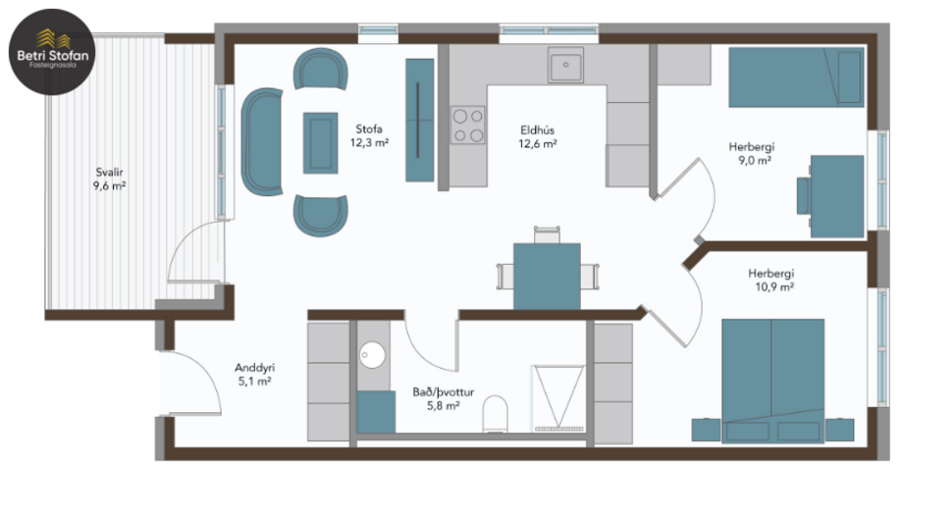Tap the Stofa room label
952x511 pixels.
tap(370, 128)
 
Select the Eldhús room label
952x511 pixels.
tap(538, 128)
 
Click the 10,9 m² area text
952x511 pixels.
tap(770, 287)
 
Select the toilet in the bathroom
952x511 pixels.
tap(497, 413)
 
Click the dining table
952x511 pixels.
tap(547, 276)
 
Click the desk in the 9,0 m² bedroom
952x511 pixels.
tap(836, 196)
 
